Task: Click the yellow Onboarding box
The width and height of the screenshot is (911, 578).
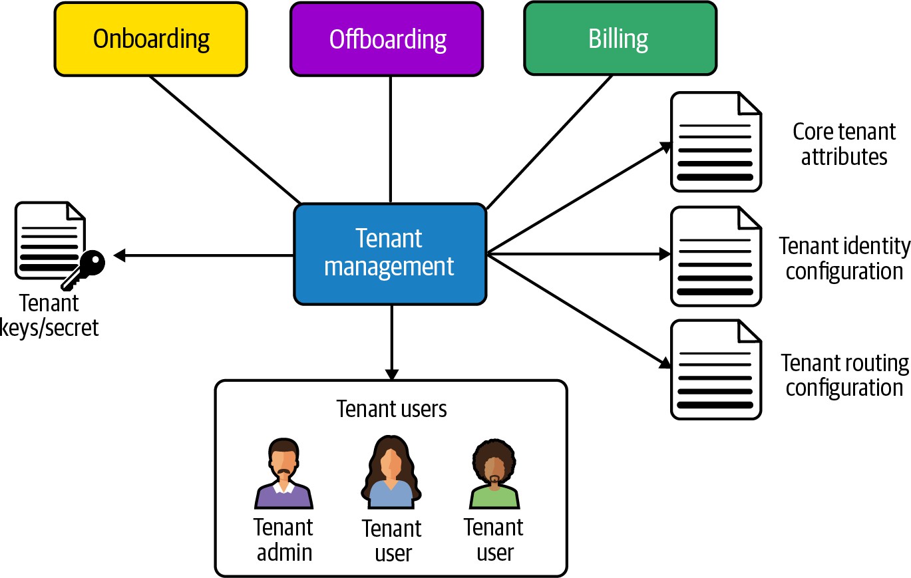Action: (x=150, y=39)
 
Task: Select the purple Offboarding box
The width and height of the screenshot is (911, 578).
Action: (x=387, y=39)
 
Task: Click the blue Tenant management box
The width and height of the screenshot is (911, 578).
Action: (x=389, y=253)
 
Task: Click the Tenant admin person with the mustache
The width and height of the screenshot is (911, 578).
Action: (x=283, y=474)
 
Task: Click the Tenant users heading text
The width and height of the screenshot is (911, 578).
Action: (x=391, y=408)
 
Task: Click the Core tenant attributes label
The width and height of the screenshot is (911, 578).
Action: (x=844, y=144)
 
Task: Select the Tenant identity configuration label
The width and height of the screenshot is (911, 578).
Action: (x=844, y=258)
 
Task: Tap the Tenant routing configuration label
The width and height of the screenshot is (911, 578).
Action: (x=844, y=375)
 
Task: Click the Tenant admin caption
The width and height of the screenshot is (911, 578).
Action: (x=284, y=539)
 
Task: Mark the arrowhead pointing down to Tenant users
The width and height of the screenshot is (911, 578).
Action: (x=391, y=374)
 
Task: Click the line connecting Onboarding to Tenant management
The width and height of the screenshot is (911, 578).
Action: (x=225, y=139)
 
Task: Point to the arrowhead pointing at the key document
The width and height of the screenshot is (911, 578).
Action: (x=120, y=255)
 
